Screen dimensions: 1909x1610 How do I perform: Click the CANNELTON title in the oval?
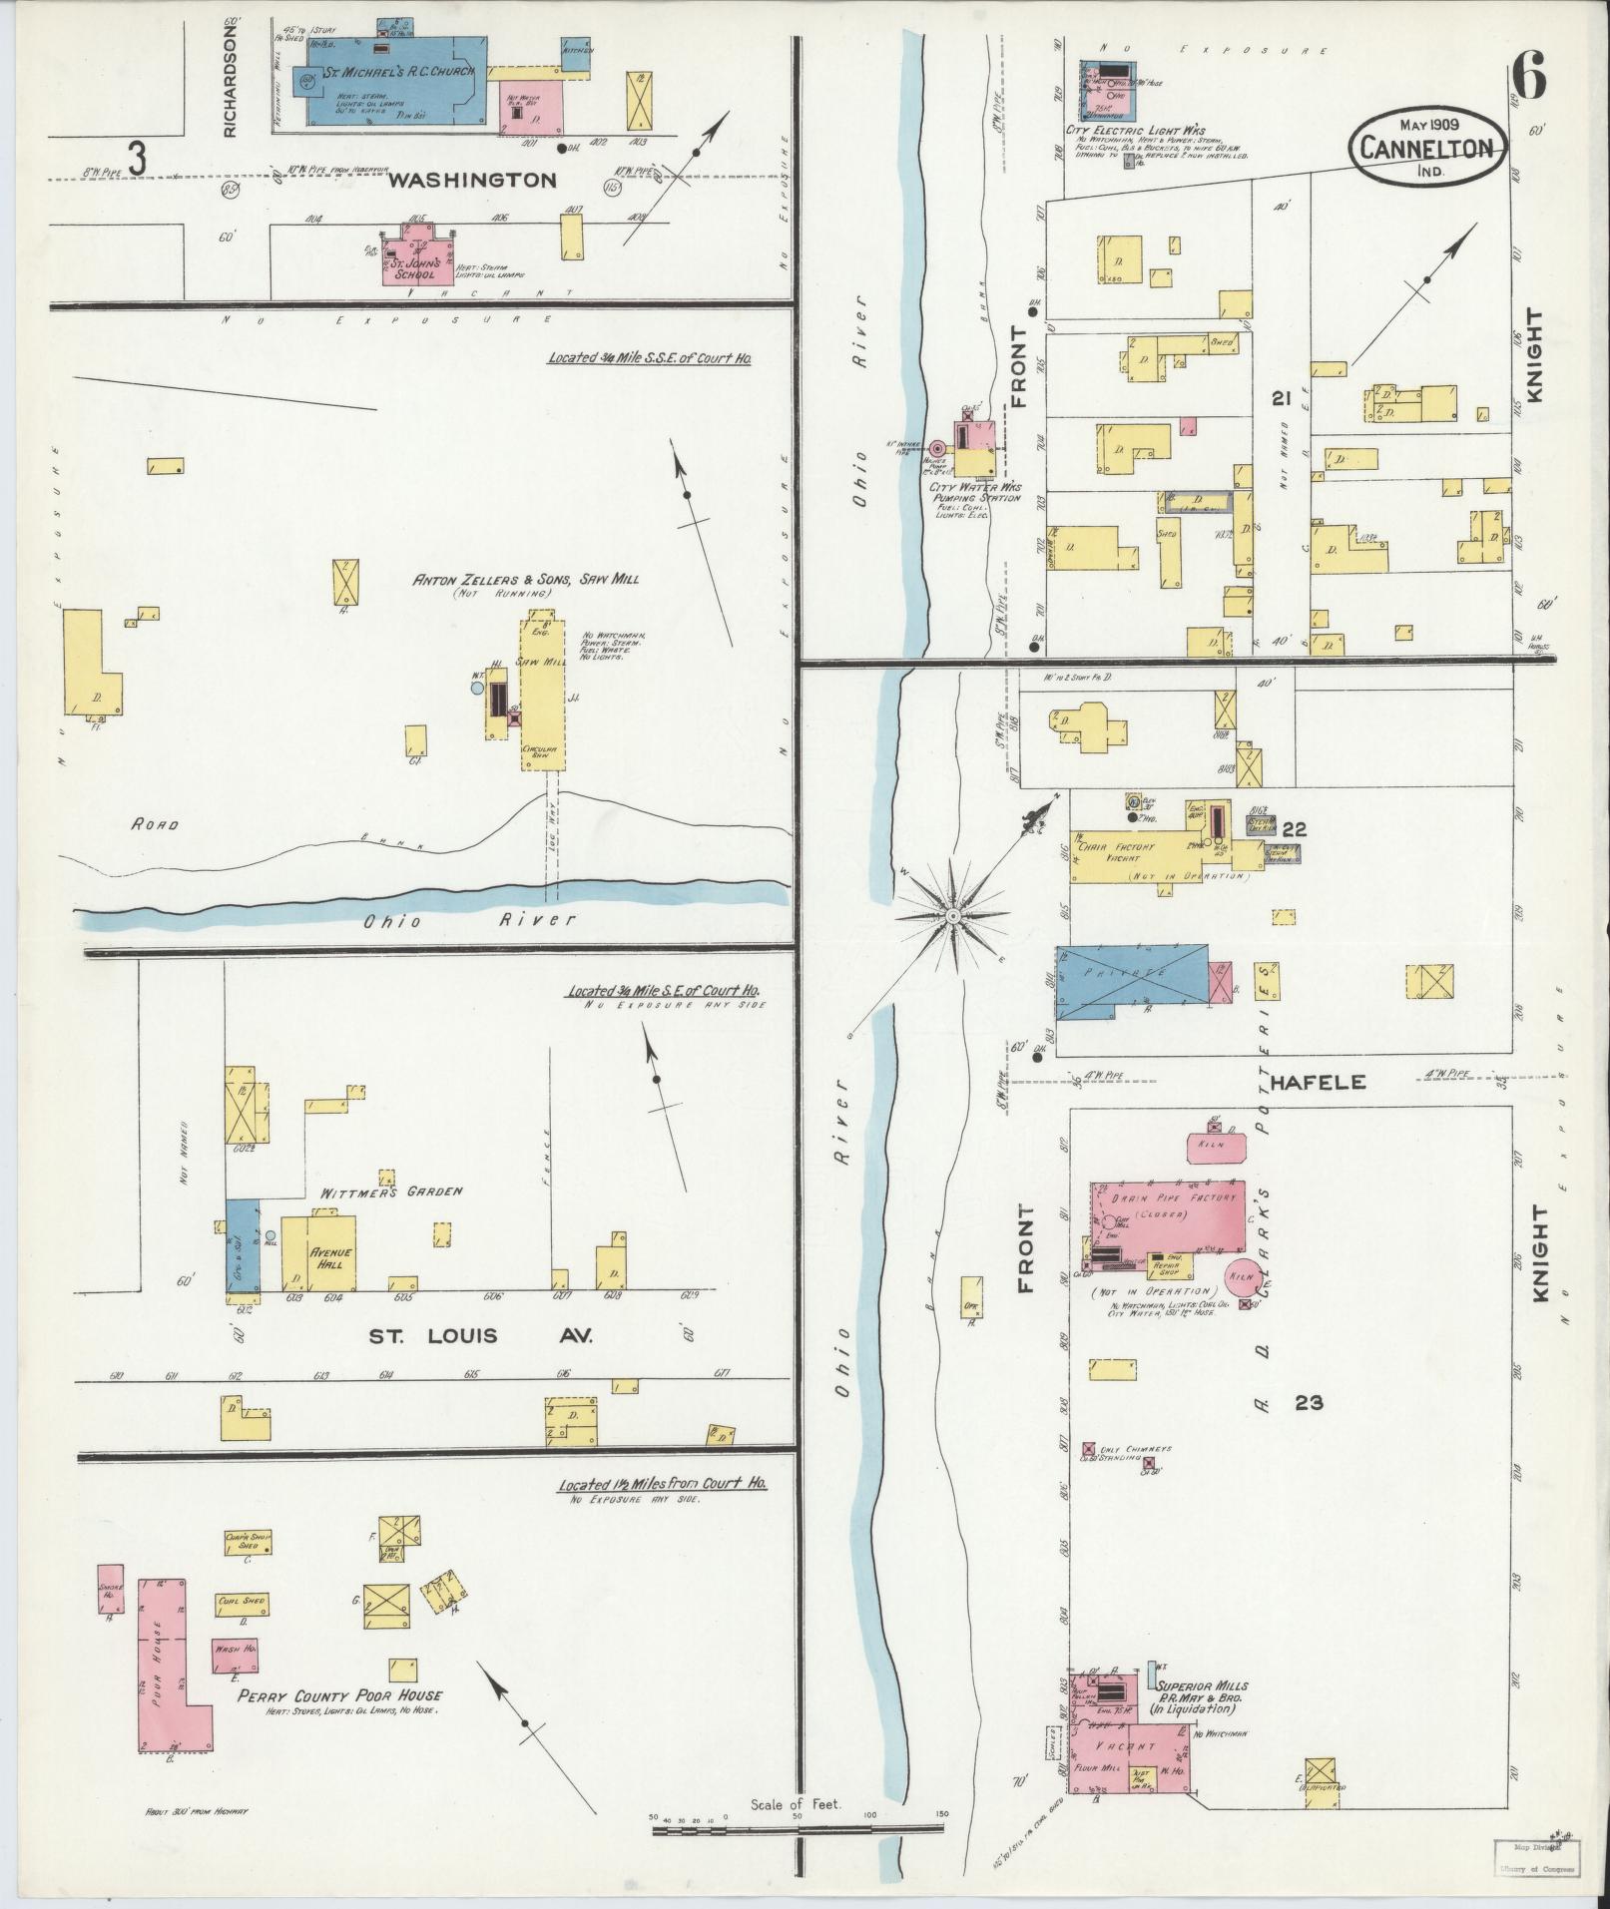(1429, 149)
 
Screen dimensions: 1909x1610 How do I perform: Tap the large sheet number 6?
(1527, 76)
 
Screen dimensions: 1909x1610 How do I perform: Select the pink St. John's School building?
(418, 258)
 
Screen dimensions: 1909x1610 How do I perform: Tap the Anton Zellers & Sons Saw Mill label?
(525, 579)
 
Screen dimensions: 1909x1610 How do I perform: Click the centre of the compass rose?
(953, 915)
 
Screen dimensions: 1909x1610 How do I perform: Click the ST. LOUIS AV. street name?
(480, 1336)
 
